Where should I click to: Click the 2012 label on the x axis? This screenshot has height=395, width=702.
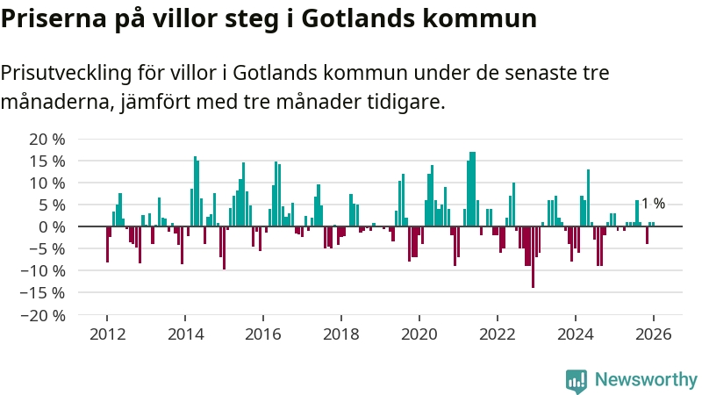(107, 334)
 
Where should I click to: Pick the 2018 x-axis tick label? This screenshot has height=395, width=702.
(341, 334)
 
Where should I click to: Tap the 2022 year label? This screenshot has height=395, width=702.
(498, 334)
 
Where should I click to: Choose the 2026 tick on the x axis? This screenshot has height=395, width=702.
(654, 334)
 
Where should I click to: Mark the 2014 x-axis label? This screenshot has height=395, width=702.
(185, 334)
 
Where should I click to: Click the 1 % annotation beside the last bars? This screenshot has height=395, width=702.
(653, 204)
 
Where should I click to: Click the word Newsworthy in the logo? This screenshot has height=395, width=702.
(646, 379)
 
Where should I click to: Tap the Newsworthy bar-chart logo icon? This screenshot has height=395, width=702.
(577, 379)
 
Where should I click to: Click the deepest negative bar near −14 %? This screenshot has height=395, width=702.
(533, 257)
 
